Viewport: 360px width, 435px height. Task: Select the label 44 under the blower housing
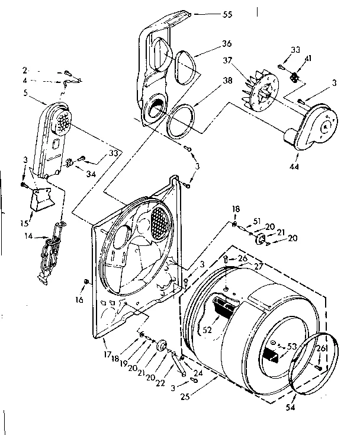tap(294, 167)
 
